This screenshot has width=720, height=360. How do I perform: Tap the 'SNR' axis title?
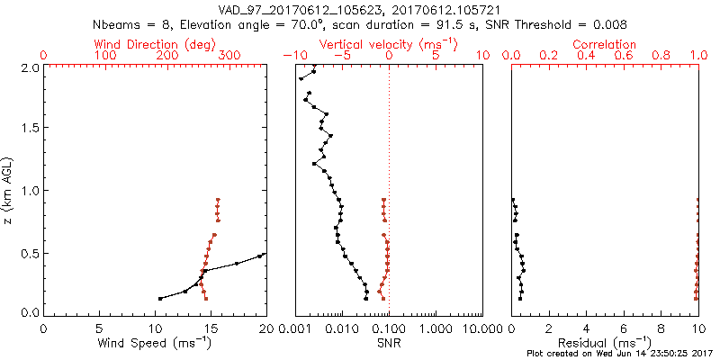point(389,343)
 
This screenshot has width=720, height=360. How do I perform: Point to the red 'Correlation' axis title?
point(605,44)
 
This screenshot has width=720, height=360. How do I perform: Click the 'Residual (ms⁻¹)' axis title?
point(605,343)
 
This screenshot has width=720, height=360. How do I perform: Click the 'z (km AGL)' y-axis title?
point(10,190)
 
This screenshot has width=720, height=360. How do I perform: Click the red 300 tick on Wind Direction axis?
point(229,56)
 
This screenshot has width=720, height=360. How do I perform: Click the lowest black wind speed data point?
point(160,299)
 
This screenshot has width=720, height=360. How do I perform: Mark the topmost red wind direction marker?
point(218,200)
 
